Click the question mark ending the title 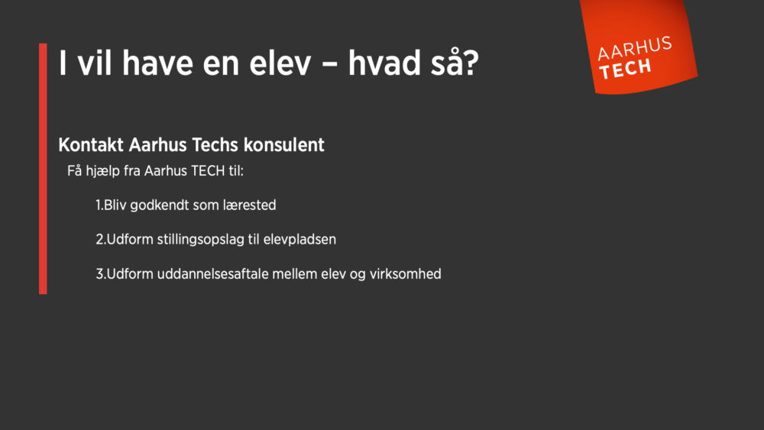pos(471,63)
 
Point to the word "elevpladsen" pos(298,239)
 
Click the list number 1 pos(99,205)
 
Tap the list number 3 pos(99,273)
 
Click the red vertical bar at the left pos(43,168)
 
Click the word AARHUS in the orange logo pos(635,49)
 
